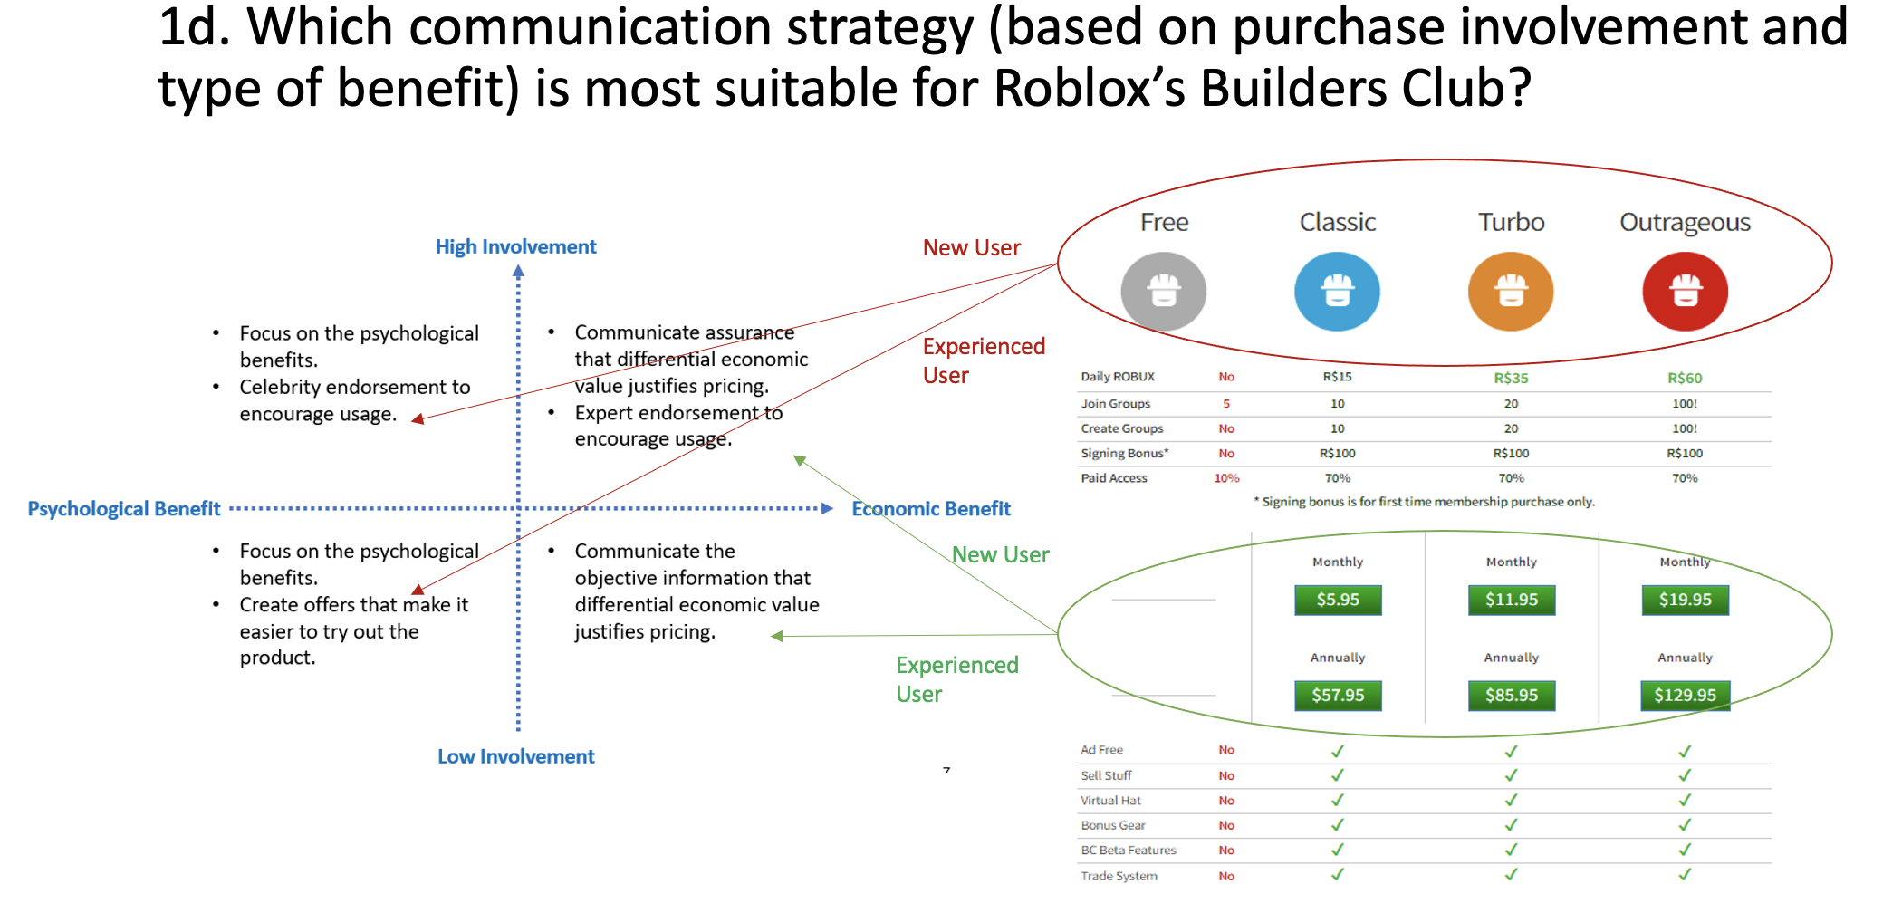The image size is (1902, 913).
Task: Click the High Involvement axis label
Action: point(515,246)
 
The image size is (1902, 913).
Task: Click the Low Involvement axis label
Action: point(515,756)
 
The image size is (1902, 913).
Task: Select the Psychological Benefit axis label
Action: point(124,509)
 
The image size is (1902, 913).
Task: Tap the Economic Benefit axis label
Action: point(930,509)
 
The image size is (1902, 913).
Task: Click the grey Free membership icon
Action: point(1163,292)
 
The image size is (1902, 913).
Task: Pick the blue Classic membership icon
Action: point(1337,292)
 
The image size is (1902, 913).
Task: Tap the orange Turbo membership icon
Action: point(1511,292)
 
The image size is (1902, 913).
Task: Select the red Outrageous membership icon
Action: point(1685,292)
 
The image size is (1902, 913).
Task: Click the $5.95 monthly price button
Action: point(1338,600)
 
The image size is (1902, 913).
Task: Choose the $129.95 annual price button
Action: point(1685,696)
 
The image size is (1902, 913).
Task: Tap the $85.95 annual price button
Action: point(1511,696)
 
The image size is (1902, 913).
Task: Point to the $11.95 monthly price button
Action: point(1511,600)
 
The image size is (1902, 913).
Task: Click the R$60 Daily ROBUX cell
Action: point(1685,379)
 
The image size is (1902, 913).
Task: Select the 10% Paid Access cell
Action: point(1226,478)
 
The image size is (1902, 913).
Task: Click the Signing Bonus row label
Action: point(1124,454)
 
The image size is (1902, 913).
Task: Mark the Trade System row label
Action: point(1119,876)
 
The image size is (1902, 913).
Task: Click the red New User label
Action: point(971,247)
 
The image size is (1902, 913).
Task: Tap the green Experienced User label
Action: point(956,679)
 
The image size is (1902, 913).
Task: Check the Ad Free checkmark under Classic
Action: point(1338,751)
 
